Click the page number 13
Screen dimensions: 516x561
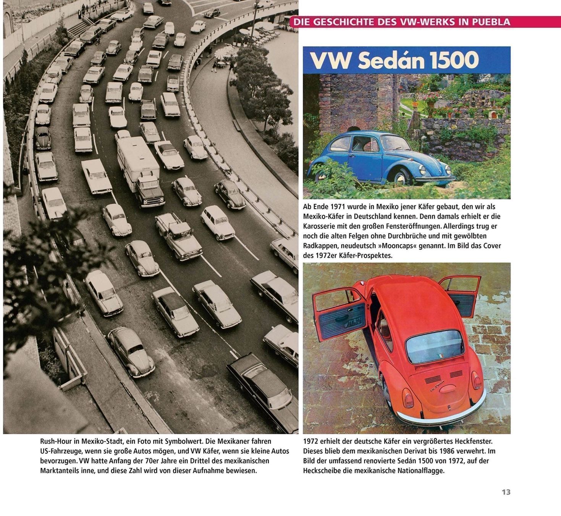pyautogui.click(x=506, y=492)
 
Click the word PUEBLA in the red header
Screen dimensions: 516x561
pyautogui.click(x=491, y=22)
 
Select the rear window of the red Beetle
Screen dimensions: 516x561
pyautogui.click(x=434, y=346)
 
